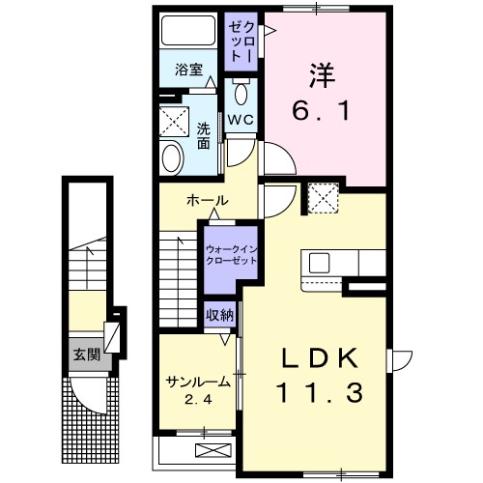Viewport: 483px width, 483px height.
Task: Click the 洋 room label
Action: [x=322, y=73]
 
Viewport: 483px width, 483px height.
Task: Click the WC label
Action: [x=240, y=119]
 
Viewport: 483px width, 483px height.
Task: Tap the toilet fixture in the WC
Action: [x=241, y=93]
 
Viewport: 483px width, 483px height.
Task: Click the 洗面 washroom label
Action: [x=204, y=135]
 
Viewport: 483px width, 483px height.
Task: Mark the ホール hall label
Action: [x=207, y=201]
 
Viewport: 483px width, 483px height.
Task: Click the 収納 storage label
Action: [x=218, y=314]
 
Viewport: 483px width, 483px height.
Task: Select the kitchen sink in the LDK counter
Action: [x=320, y=263]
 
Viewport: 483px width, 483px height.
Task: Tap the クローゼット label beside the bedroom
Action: [x=239, y=41]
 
